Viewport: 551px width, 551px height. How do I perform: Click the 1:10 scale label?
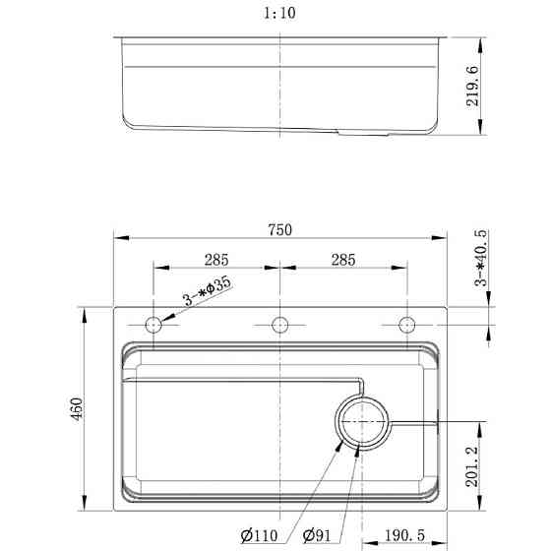[x=279, y=14]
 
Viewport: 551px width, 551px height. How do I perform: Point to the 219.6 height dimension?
[x=472, y=86]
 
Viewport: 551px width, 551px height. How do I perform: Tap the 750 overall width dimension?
[x=280, y=230]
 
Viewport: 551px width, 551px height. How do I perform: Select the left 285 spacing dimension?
[x=216, y=260]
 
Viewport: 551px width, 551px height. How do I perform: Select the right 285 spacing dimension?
[x=343, y=260]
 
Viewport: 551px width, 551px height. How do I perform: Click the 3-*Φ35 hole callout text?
[x=208, y=291]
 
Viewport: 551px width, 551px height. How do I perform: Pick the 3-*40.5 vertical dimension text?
[x=481, y=258]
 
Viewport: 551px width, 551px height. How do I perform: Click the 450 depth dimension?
[x=77, y=408]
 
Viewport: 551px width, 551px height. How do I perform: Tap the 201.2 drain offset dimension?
[x=472, y=466]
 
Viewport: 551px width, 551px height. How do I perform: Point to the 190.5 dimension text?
[x=404, y=535]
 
